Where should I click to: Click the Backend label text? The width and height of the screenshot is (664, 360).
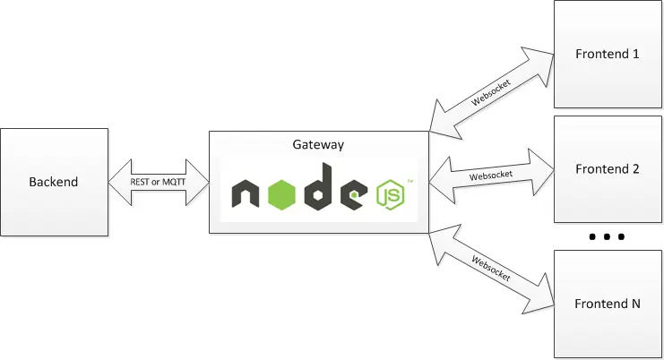(x=53, y=182)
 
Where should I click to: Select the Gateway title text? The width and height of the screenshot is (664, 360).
(x=318, y=143)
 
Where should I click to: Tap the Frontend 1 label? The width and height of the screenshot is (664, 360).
(x=607, y=54)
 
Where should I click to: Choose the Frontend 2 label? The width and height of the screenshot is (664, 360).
(x=607, y=168)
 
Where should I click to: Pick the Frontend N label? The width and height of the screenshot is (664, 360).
(x=607, y=304)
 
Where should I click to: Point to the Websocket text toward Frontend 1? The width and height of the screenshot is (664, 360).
(x=492, y=87)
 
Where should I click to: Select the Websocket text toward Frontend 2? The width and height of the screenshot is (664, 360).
(x=491, y=176)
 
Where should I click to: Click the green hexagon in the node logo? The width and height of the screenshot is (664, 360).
(x=282, y=193)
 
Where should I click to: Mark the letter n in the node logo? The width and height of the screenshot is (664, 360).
(x=246, y=195)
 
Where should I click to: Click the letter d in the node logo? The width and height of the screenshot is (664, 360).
(x=320, y=188)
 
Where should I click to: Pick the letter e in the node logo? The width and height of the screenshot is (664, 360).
(x=356, y=194)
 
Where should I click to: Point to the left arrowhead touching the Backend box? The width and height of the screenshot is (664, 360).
(x=117, y=182)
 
